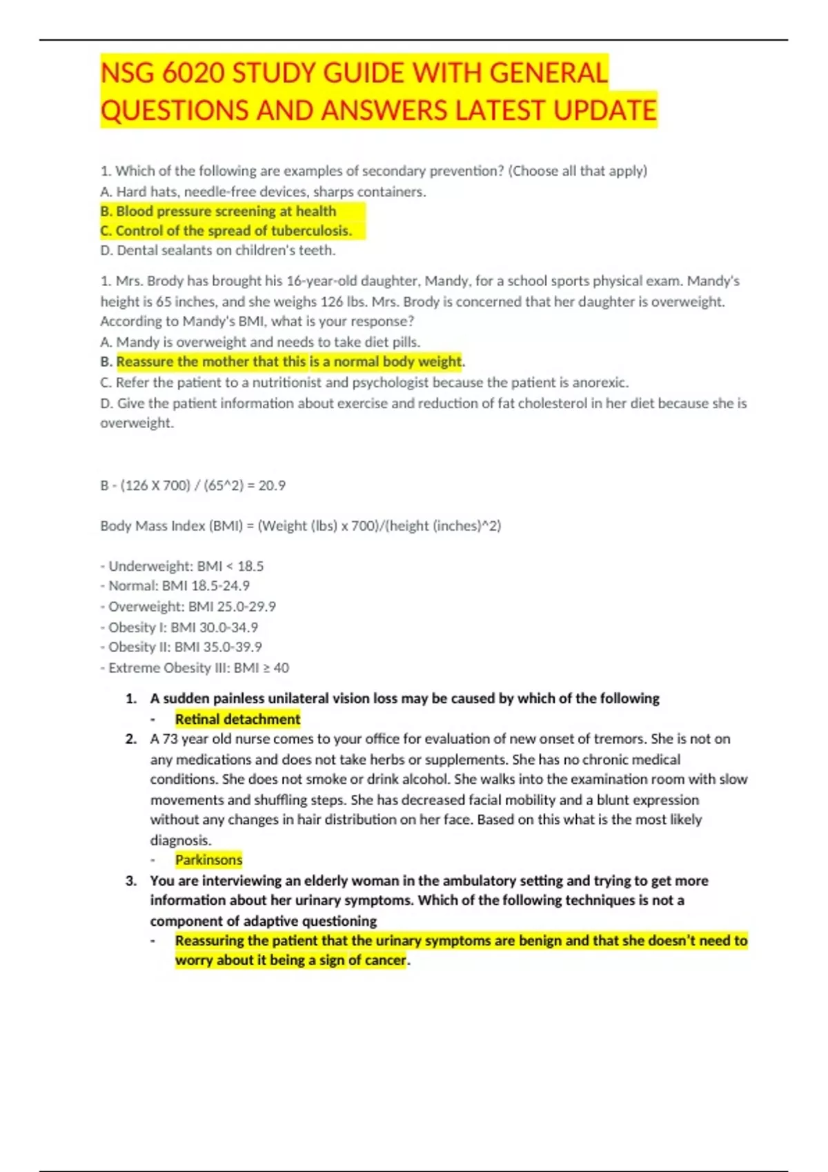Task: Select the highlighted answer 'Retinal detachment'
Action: tap(237, 719)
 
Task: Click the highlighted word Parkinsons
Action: tap(208, 860)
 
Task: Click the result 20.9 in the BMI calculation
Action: tap(272, 485)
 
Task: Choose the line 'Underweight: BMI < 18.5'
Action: tap(182, 566)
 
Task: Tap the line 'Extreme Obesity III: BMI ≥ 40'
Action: tap(195, 667)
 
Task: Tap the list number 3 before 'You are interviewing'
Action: tap(131, 880)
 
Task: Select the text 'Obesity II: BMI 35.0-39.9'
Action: tap(181, 647)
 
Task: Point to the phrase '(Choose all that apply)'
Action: tap(578, 170)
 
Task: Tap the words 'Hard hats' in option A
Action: tap(142, 192)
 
